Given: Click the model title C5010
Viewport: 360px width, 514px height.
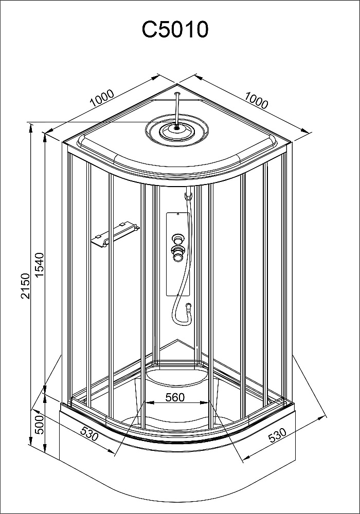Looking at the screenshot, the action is coord(175,29).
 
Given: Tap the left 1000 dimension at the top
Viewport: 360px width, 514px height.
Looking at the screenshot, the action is coord(102,98).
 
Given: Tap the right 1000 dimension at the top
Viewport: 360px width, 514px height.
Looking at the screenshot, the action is coord(257,100).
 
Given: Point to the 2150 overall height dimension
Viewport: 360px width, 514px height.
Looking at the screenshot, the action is coord(25,286).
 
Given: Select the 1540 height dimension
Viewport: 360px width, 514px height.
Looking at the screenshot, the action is coord(39,265).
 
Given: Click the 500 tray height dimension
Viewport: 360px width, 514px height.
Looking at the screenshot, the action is coord(39,425).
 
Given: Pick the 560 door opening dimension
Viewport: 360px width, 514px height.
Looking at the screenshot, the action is coord(175,397).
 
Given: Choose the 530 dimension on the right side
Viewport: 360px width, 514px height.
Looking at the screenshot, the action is coord(277,435).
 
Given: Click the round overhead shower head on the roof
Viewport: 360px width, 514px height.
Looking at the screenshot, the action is coord(177,130).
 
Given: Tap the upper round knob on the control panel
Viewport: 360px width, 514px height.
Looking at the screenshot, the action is coord(178,238).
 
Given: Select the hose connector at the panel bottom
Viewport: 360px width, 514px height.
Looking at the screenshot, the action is coord(188,306).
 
